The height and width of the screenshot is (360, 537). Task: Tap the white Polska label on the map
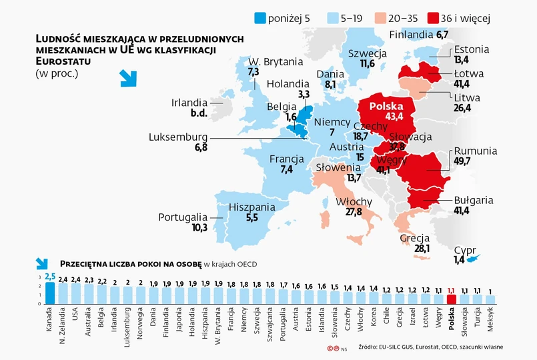pyautogui.click(x=386, y=106)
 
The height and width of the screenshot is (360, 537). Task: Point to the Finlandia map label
pyautogui.click(x=412, y=35)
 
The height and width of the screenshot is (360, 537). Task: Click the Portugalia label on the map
pyautogui.click(x=183, y=217)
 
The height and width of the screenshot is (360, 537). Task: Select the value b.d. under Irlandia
pyautogui.click(x=199, y=113)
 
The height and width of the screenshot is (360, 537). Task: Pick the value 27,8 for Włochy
pyautogui.click(x=354, y=212)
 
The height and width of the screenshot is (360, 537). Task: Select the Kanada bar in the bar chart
pyautogui.click(x=50, y=293)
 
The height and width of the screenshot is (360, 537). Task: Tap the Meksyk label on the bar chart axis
pyautogui.click(x=491, y=323)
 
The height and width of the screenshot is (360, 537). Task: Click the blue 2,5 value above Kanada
pyautogui.click(x=50, y=276)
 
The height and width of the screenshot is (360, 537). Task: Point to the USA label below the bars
pyautogui.click(x=76, y=313)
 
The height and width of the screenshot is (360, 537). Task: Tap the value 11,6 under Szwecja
pyautogui.click(x=367, y=64)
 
